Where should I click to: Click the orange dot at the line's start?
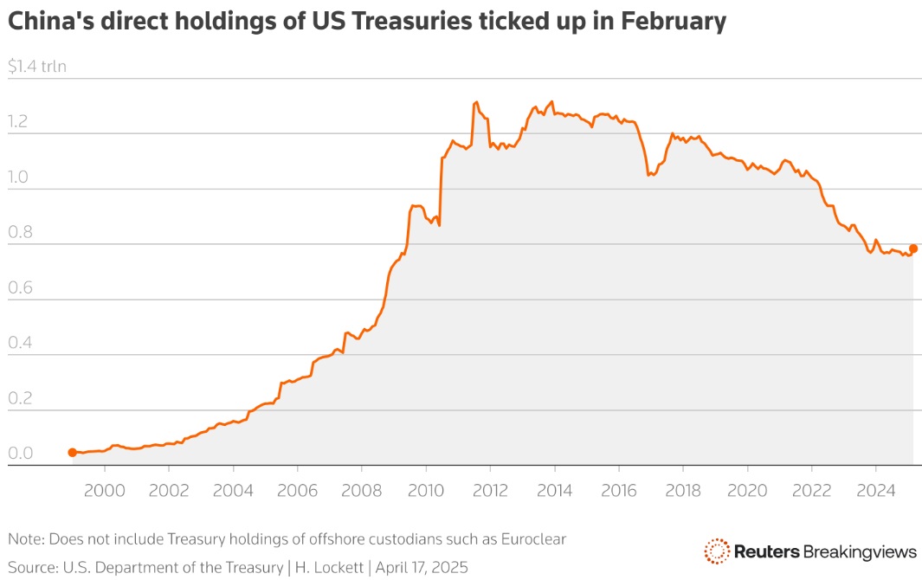[x=73, y=453]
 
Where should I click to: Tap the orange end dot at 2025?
[x=913, y=248]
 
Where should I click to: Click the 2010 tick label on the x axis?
[x=426, y=491]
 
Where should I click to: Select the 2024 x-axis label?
[x=876, y=491]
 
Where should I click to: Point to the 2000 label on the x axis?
[x=105, y=491]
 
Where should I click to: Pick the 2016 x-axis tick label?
[x=619, y=491]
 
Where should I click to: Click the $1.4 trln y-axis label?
[x=37, y=66]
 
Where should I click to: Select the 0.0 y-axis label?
[x=20, y=453]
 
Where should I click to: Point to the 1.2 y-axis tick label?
[x=17, y=121]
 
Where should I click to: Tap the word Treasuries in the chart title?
[x=411, y=21]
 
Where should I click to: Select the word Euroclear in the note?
[x=533, y=538]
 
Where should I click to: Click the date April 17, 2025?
[x=422, y=568]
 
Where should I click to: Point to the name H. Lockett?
[x=329, y=567]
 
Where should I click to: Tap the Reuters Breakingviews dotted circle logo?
[x=717, y=551]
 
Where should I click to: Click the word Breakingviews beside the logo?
[x=860, y=551]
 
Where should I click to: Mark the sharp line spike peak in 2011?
[x=475, y=102]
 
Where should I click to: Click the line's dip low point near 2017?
[x=648, y=175]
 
